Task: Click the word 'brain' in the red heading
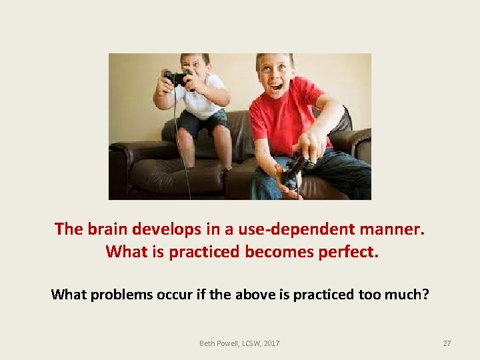(105, 229)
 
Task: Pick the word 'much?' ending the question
(406, 294)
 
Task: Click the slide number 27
(447, 343)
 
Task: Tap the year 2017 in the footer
(271, 343)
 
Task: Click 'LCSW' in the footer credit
(251, 343)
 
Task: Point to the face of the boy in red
(274, 72)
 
